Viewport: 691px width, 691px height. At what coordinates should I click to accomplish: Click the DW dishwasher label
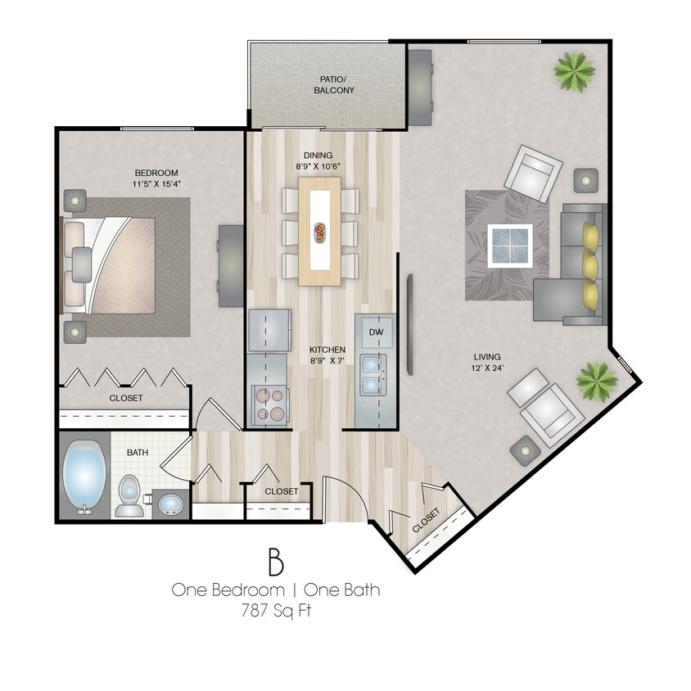coord(376,332)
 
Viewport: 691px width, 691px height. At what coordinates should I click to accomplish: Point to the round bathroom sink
coord(169,503)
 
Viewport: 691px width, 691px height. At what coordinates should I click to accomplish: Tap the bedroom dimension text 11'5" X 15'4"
coord(156,184)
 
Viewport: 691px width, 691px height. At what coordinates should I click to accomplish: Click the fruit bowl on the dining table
coord(319,231)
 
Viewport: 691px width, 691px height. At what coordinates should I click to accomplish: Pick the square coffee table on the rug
coord(509,244)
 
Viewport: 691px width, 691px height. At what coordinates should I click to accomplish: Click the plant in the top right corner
coord(574,71)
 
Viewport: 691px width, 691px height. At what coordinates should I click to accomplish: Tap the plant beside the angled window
coord(596,379)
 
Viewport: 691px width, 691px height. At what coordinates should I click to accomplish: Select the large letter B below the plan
coord(275,562)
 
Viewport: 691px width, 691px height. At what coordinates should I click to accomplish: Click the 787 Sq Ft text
coord(275,609)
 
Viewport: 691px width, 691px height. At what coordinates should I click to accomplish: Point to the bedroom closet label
coord(126,398)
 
